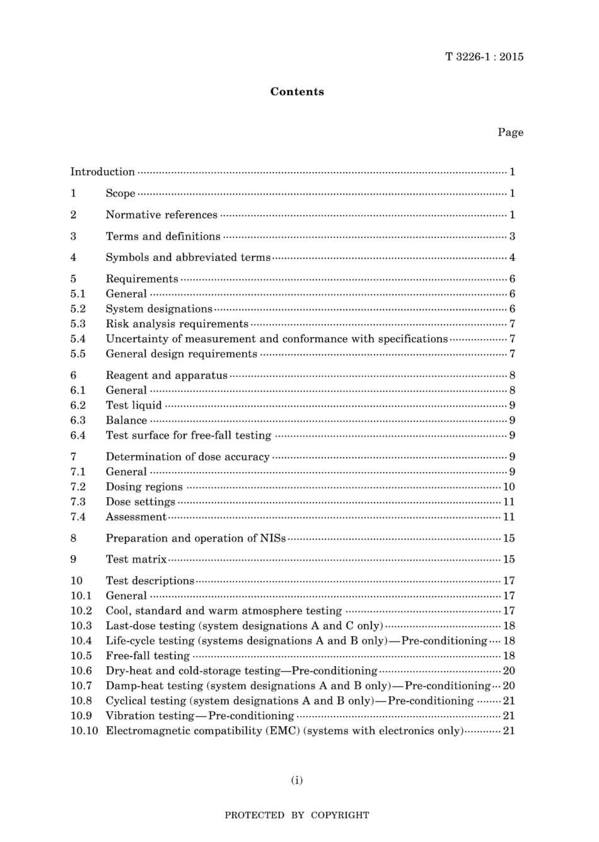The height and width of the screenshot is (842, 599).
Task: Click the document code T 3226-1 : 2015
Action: pos(484,57)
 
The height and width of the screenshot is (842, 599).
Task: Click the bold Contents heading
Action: pos(297,91)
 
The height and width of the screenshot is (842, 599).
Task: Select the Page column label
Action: pos(510,132)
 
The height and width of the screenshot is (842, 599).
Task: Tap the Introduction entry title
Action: pos(102,171)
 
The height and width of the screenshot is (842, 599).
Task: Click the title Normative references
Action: pos(161,215)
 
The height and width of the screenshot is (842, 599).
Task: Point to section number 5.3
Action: pos(78,324)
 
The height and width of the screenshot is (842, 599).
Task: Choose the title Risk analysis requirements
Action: pos(177,324)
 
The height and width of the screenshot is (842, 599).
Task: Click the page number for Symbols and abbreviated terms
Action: pos(512,257)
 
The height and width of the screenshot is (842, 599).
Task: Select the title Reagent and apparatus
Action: pos(166,376)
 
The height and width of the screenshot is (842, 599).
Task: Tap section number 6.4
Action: pos(78,435)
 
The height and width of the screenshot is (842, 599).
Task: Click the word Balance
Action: pos(126,420)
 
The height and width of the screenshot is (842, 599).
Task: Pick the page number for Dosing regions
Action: pos(509,487)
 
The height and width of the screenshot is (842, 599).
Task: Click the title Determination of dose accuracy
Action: pos(187,457)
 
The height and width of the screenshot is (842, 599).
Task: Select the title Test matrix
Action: pos(136,559)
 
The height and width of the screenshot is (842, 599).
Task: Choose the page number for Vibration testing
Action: pos(509,716)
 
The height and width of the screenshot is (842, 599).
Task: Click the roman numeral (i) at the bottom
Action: pos(297,780)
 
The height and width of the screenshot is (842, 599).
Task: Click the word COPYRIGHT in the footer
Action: pos(340,816)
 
